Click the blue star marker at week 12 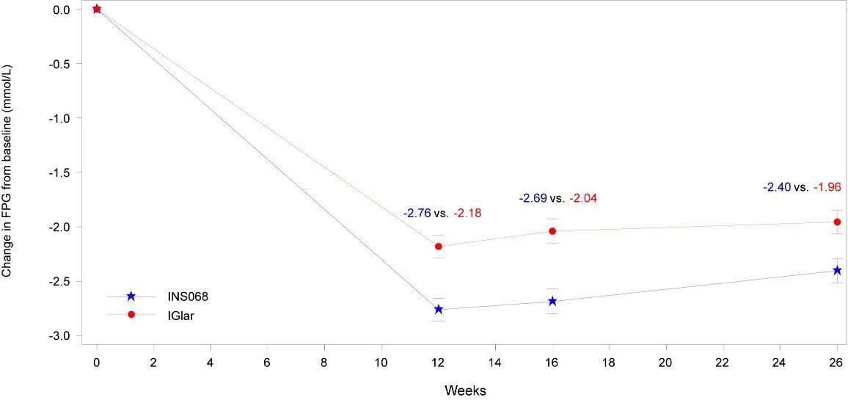pyautogui.click(x=439, y=309)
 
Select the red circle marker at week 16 pyautogui.click(x=552, y=231)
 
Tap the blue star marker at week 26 pyautogui.click(x=837, y=270)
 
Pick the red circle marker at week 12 pyautogui.click(x=439, y=246)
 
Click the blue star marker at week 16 pyautogui.click(x=552, y=301)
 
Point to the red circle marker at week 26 pyautogui.click(x=837, y=222)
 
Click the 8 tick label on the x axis pyautogui.click(x=324, y=362)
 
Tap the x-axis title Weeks pyautogui.click(x=465, y=389)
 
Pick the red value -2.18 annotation pyautogui.click(x=468, y=214)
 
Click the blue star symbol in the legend pyautogui.click(x=131, y=296)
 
